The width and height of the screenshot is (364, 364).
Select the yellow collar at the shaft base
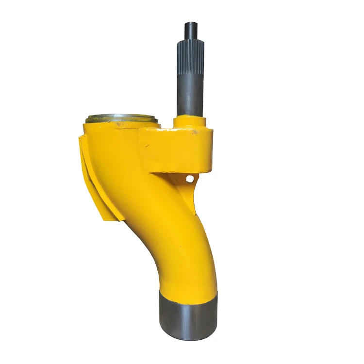coord(190,121)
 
